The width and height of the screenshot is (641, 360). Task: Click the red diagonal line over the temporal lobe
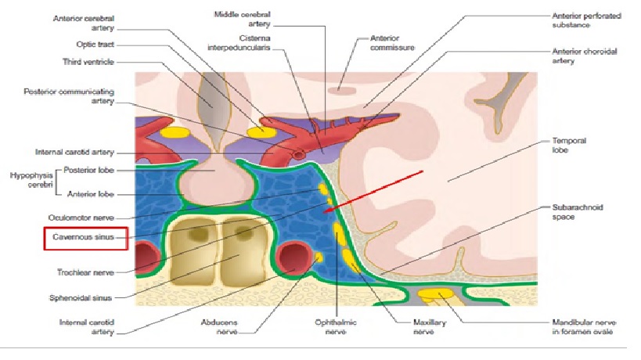tap(376, 189)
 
